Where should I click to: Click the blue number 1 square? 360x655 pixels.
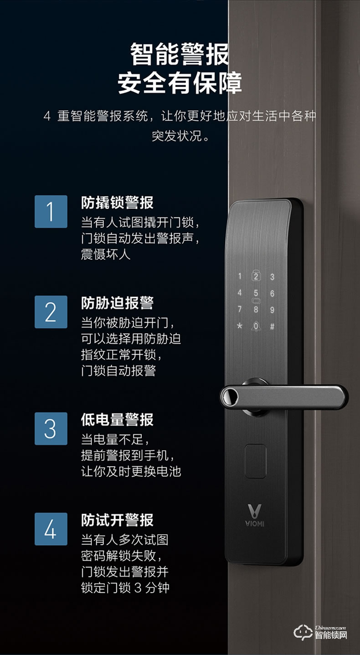click(51, 211)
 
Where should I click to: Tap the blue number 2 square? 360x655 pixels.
click(51, 312)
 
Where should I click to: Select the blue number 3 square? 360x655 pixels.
click(51, 428)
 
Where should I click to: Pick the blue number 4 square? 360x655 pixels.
click(51, 529)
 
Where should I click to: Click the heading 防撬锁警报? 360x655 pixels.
click(117, 202)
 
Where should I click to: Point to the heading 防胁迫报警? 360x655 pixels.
click(117, 303)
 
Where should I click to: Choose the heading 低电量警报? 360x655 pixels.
click(117, 419)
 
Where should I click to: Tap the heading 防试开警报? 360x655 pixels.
click(117, 520)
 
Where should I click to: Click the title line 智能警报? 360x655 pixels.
click(180, 55)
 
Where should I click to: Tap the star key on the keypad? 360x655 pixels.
click(239, 326)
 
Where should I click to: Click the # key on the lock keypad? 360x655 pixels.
click(272, 326)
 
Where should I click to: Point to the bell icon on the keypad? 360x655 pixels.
click(256, 326)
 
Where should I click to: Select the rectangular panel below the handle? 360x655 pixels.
click(256, 460)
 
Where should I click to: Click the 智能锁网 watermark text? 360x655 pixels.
click(331, 634)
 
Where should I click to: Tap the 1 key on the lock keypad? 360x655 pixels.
click(240, 276)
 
